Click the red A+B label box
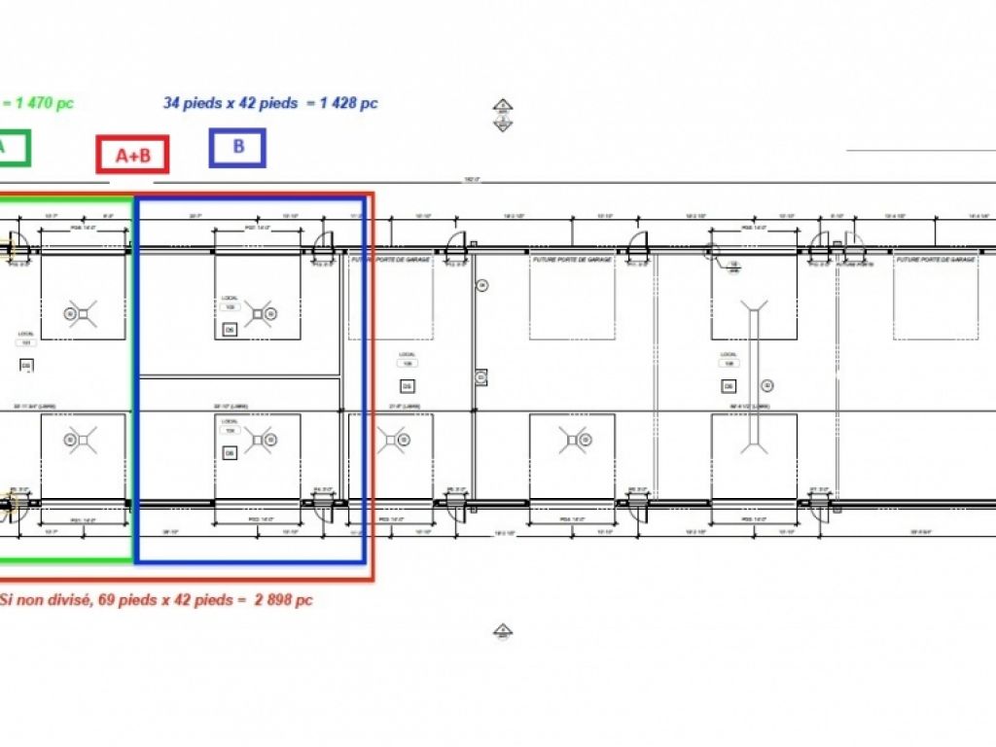click(132, 155)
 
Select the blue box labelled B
click(237, 148)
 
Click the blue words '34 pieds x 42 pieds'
click(231, 103)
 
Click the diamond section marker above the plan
click(502, 115)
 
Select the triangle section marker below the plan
click(502, 632)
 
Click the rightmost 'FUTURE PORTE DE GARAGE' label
click(935, 260)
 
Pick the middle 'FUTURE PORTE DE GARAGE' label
click(572, 260)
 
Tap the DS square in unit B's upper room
click(230, 331)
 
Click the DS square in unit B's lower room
click(230, 453)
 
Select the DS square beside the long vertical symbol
click(767, 385)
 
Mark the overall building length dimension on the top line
click(472, 180)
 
